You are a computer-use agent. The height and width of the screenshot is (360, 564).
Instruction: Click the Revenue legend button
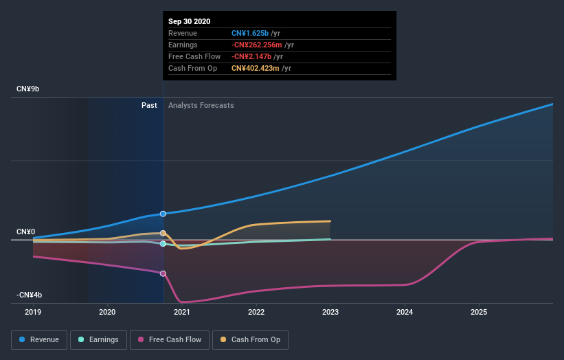[40, 339]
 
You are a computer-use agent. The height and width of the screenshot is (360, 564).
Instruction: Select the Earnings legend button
[98, 339]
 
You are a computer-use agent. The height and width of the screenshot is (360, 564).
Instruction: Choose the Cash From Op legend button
[251, 339]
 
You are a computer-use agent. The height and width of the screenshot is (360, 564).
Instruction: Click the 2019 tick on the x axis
[33, 312]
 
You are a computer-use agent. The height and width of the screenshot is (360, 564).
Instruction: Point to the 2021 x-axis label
[182, 312]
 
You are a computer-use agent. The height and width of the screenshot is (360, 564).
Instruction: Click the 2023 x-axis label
[330, 312]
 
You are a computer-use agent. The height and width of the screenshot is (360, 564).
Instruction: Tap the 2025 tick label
[479, 312]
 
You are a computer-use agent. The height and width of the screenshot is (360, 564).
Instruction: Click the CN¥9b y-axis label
[28, 89]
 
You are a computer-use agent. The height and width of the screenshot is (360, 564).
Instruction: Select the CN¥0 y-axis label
[26, 232]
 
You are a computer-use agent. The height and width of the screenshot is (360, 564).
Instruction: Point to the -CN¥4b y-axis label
[30, 295]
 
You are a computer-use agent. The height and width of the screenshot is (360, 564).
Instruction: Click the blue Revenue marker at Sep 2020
[163, 214]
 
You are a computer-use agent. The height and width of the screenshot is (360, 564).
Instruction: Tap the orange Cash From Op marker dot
[163, 234]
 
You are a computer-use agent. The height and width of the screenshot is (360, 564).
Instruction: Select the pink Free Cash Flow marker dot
[163, 273]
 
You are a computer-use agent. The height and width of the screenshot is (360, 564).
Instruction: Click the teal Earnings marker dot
[163, 244]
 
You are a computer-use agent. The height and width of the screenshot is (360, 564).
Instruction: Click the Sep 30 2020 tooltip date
[189, 21]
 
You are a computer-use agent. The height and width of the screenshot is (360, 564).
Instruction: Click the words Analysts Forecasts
[201, 106]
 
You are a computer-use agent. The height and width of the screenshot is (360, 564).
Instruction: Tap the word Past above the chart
[149, 106]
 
